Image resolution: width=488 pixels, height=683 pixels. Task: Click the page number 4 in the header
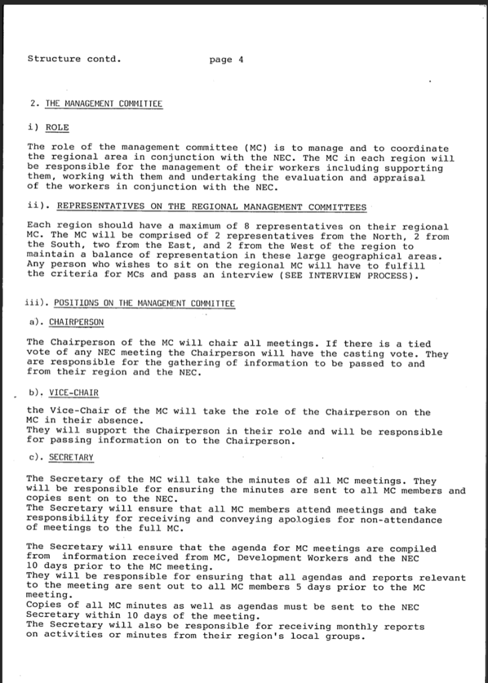241,59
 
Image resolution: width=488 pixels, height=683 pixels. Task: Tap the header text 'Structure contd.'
74,58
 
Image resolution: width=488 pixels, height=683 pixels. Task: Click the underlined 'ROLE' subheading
57,127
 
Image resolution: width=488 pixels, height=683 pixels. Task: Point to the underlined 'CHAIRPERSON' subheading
77,322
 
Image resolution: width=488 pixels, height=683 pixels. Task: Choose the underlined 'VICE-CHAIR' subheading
74,392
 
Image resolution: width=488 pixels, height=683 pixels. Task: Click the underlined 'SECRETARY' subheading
72,458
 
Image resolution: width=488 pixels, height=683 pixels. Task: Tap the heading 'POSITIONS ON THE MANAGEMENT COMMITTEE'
144,303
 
